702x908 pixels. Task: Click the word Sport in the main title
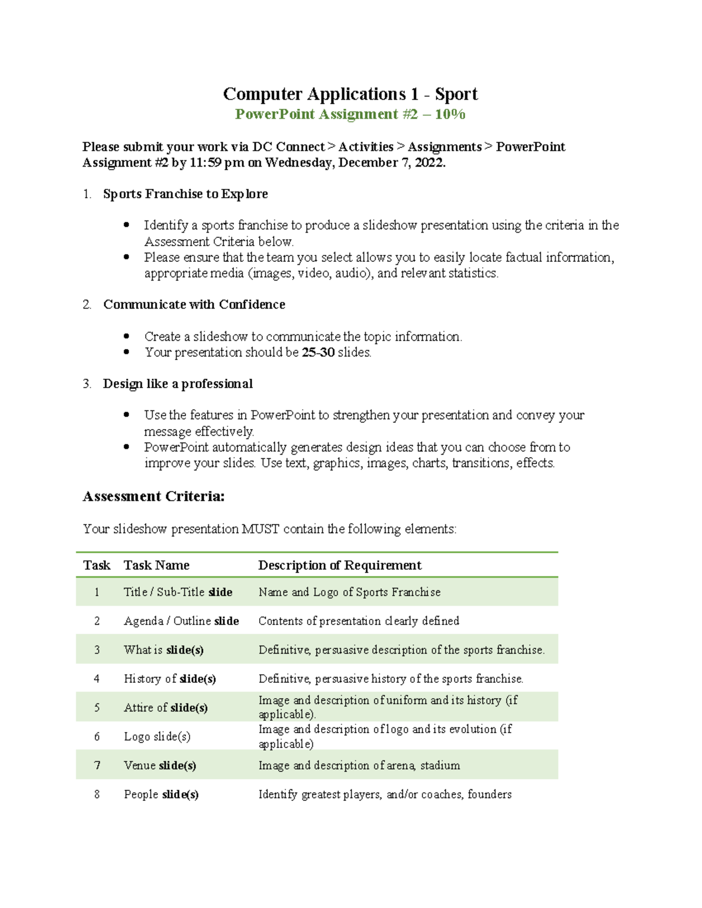(456, 94)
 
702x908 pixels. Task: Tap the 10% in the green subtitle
(450, 114)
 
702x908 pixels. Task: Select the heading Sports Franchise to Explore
(185, 194)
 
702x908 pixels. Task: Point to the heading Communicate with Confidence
(194, 305)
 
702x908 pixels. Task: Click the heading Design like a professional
(178, 384)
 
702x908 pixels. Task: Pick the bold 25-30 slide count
(318, 353)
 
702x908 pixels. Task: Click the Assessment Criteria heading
(153, 496)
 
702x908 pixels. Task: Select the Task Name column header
(156, 565)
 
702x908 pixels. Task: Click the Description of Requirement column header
(339, 565)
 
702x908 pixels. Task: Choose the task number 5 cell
(97, 707)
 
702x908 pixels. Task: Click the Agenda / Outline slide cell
(181, 621)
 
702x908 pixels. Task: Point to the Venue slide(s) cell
(160, 765)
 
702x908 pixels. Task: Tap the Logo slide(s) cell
(157, 737)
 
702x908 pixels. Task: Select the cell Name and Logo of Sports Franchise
(349, 592)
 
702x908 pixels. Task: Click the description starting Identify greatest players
(385, 795)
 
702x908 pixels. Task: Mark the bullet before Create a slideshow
(126, 336)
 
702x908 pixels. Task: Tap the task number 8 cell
(97, 795)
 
